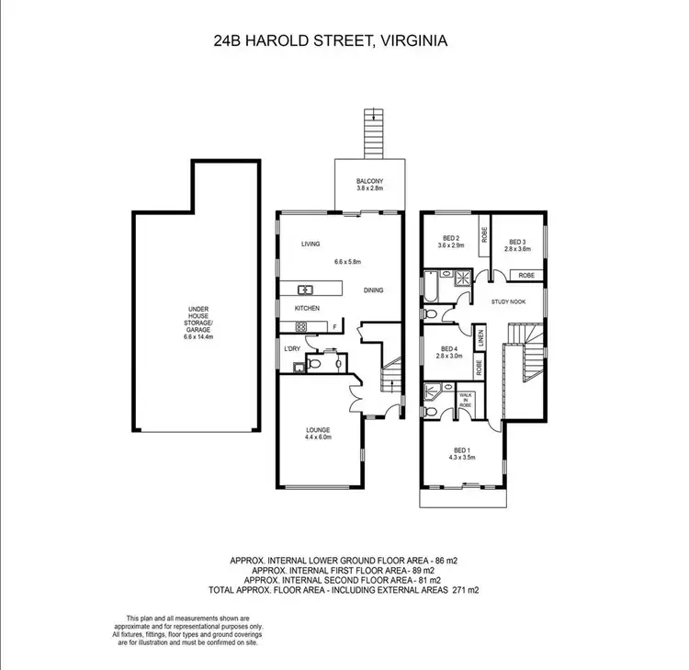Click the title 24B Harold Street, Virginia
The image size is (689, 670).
344,41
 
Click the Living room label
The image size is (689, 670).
310,244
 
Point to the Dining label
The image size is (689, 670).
373,290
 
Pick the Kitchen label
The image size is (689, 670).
307,308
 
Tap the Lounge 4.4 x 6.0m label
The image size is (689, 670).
318,434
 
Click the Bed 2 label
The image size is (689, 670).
450,243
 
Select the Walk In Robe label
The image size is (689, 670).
465,398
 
